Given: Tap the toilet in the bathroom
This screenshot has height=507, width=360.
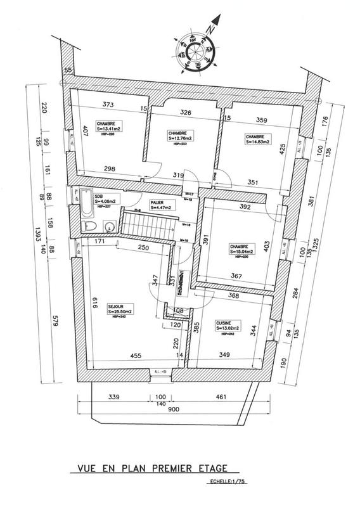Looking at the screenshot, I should point(90,227).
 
